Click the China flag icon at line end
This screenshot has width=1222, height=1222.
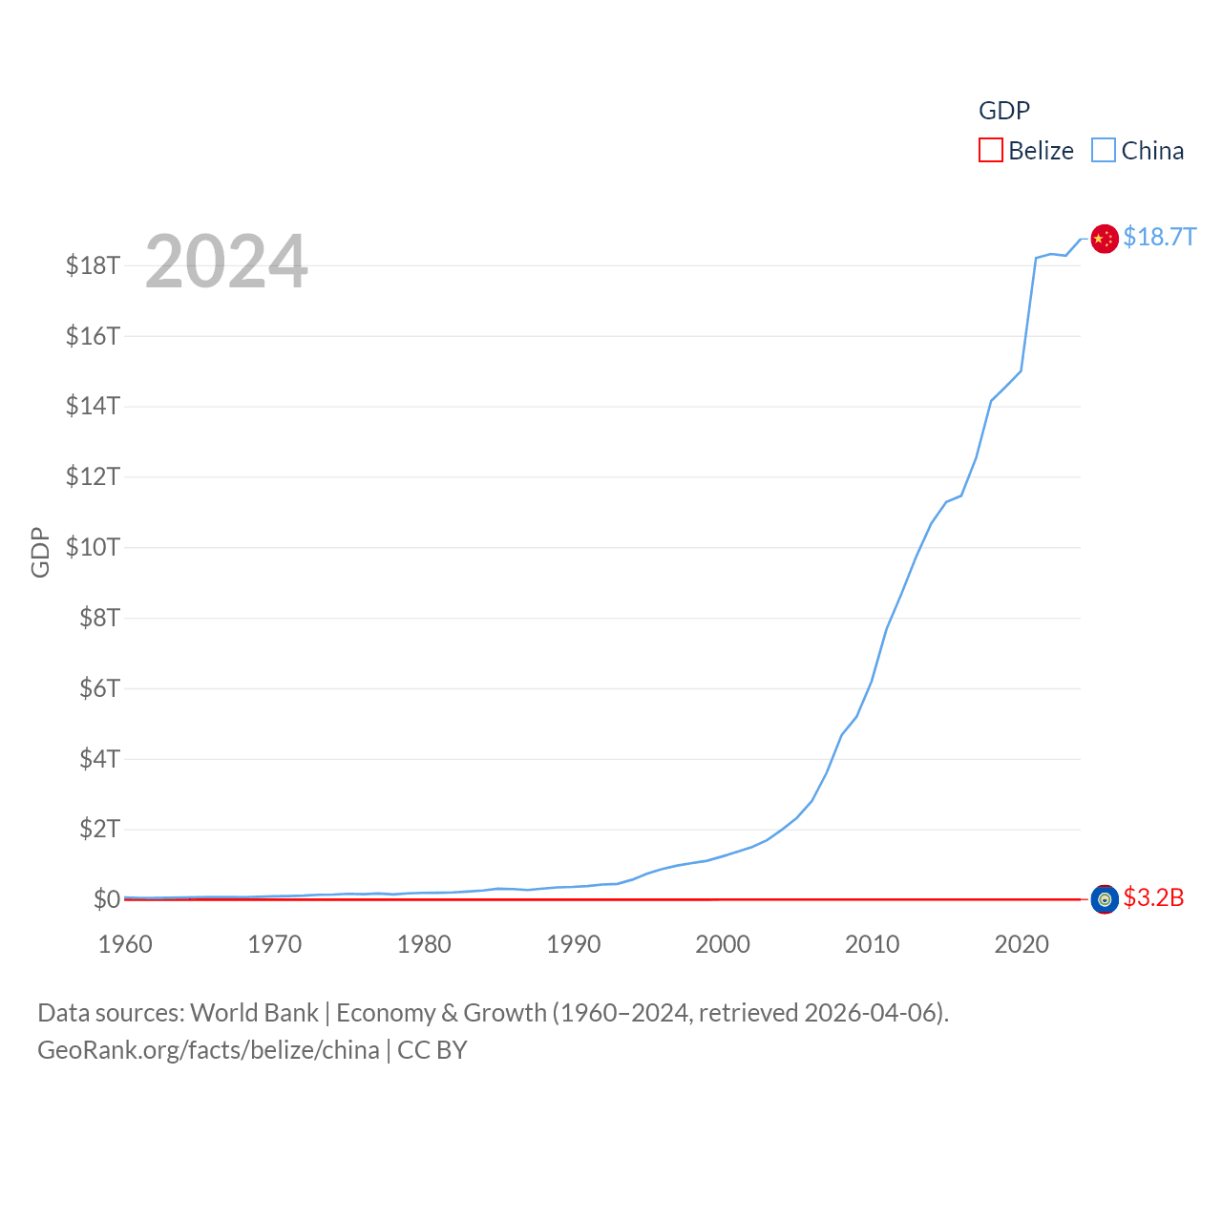[1105, 239]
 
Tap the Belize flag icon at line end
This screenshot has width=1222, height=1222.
[1105, 899]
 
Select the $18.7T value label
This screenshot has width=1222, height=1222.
[1159, 237]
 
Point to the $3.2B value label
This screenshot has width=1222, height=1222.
[1153, 897]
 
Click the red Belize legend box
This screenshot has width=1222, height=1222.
[991, 151]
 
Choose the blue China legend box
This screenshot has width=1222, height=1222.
[1104, 151]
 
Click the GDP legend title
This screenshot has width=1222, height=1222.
[1004, 111]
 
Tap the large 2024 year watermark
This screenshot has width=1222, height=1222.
[226, 261]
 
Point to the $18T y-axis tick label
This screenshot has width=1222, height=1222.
[93, 265]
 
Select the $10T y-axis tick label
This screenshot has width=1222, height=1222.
[93, 547]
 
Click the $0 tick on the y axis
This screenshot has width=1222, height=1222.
[106, 899]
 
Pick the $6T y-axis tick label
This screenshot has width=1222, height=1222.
[99, 688]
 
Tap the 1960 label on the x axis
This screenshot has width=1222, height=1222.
[125, 944]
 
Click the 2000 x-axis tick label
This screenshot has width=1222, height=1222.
[723, 944]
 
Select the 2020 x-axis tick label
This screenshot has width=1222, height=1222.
[1022, 944]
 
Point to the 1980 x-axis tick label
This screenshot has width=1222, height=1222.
[424, 944]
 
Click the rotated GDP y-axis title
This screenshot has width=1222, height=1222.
[40, 552]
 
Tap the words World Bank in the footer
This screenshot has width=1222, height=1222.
[254, 1013]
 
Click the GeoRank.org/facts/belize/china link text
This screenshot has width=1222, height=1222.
[208, 1050]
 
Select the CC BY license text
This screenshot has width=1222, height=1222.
[432, 1050]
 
